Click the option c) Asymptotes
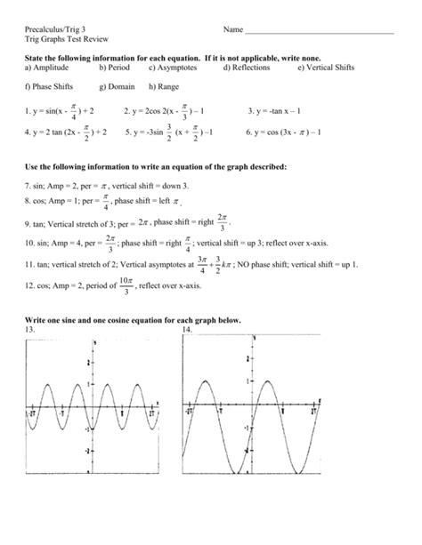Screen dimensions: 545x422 coord(175,67)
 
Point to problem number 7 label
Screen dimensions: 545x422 coord(28,186)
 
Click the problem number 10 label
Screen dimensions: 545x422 coord(30,243)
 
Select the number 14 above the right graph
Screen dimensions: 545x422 coord(187,329)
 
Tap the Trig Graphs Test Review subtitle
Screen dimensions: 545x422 coord(63,42)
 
